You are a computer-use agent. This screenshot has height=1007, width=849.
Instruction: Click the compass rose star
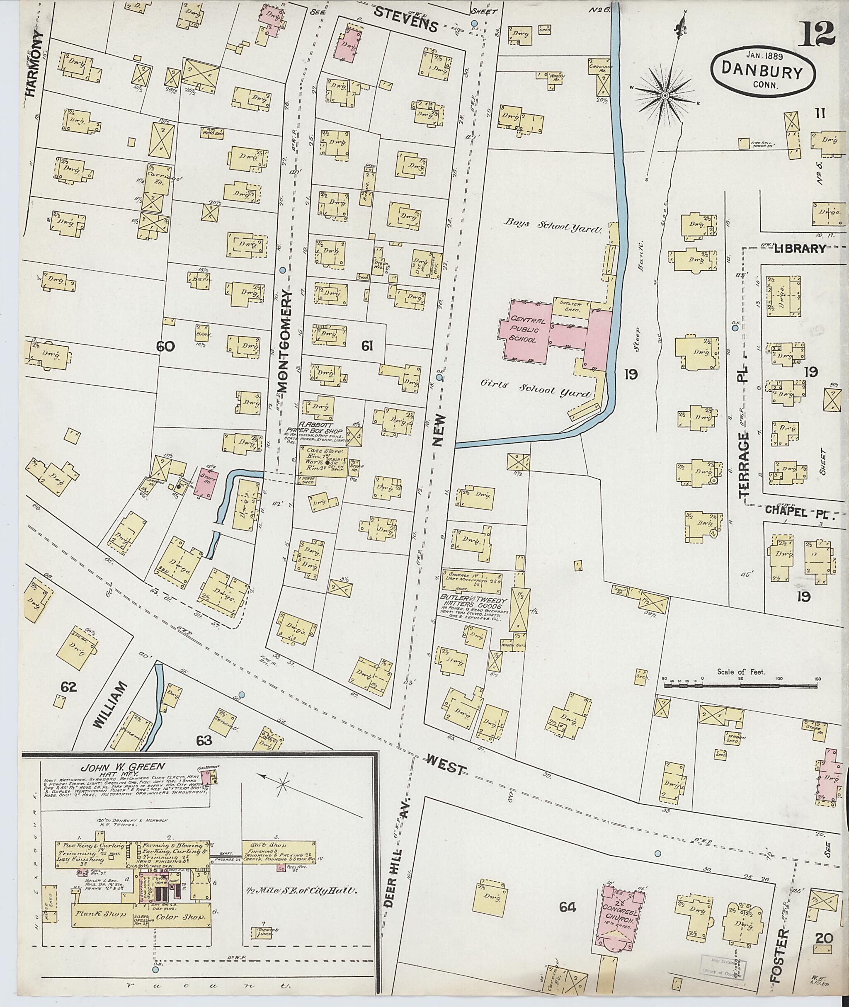pyautogui.click(x=665, y=95)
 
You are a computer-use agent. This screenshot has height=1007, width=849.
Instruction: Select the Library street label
pyautogui.click(x=801, y=248)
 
